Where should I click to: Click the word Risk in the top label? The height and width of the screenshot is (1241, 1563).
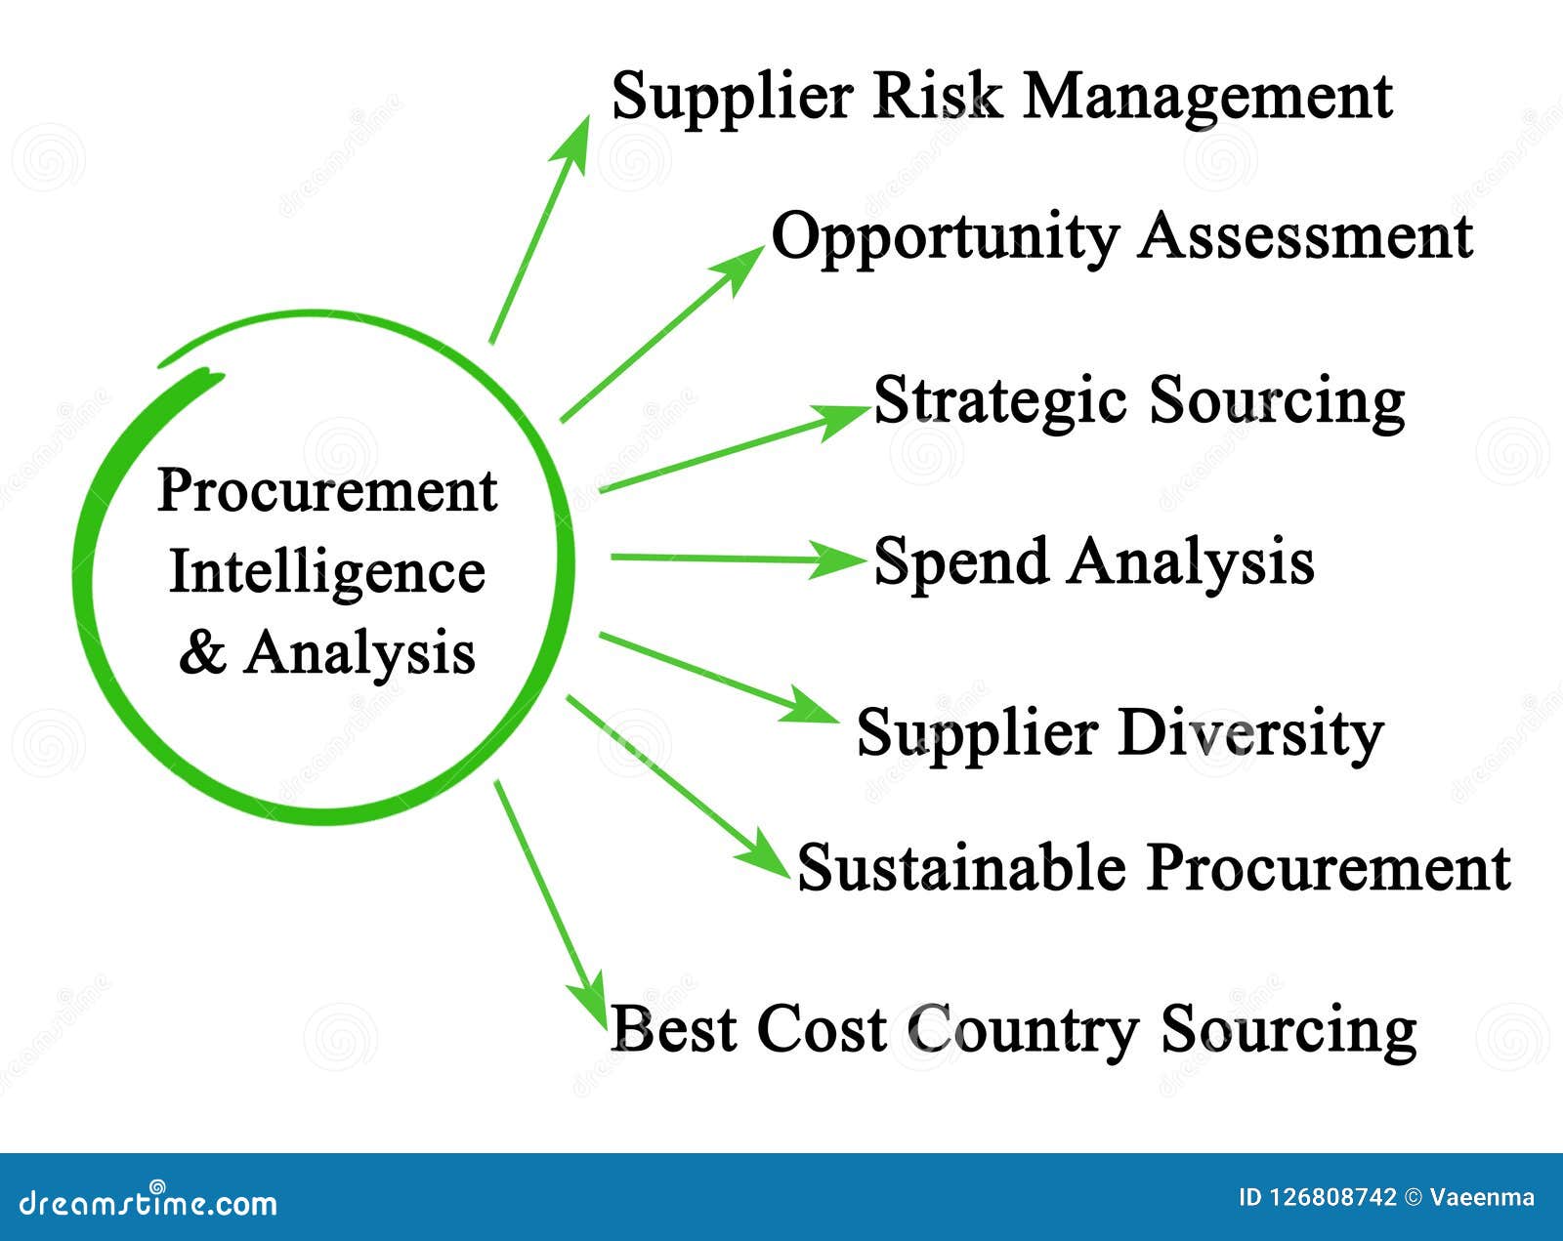pos(936,98)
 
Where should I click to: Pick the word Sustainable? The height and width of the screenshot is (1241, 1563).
pos(961,868)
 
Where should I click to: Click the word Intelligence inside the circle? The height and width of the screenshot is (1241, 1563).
pos(327,573)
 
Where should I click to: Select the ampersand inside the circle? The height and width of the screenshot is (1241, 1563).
pos(202,652)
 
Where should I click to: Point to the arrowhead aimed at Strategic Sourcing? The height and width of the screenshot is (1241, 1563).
pos(842,419)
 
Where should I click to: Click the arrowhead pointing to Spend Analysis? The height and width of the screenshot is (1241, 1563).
pos(838,559)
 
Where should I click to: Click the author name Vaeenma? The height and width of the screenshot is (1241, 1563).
pos(1482,1198)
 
